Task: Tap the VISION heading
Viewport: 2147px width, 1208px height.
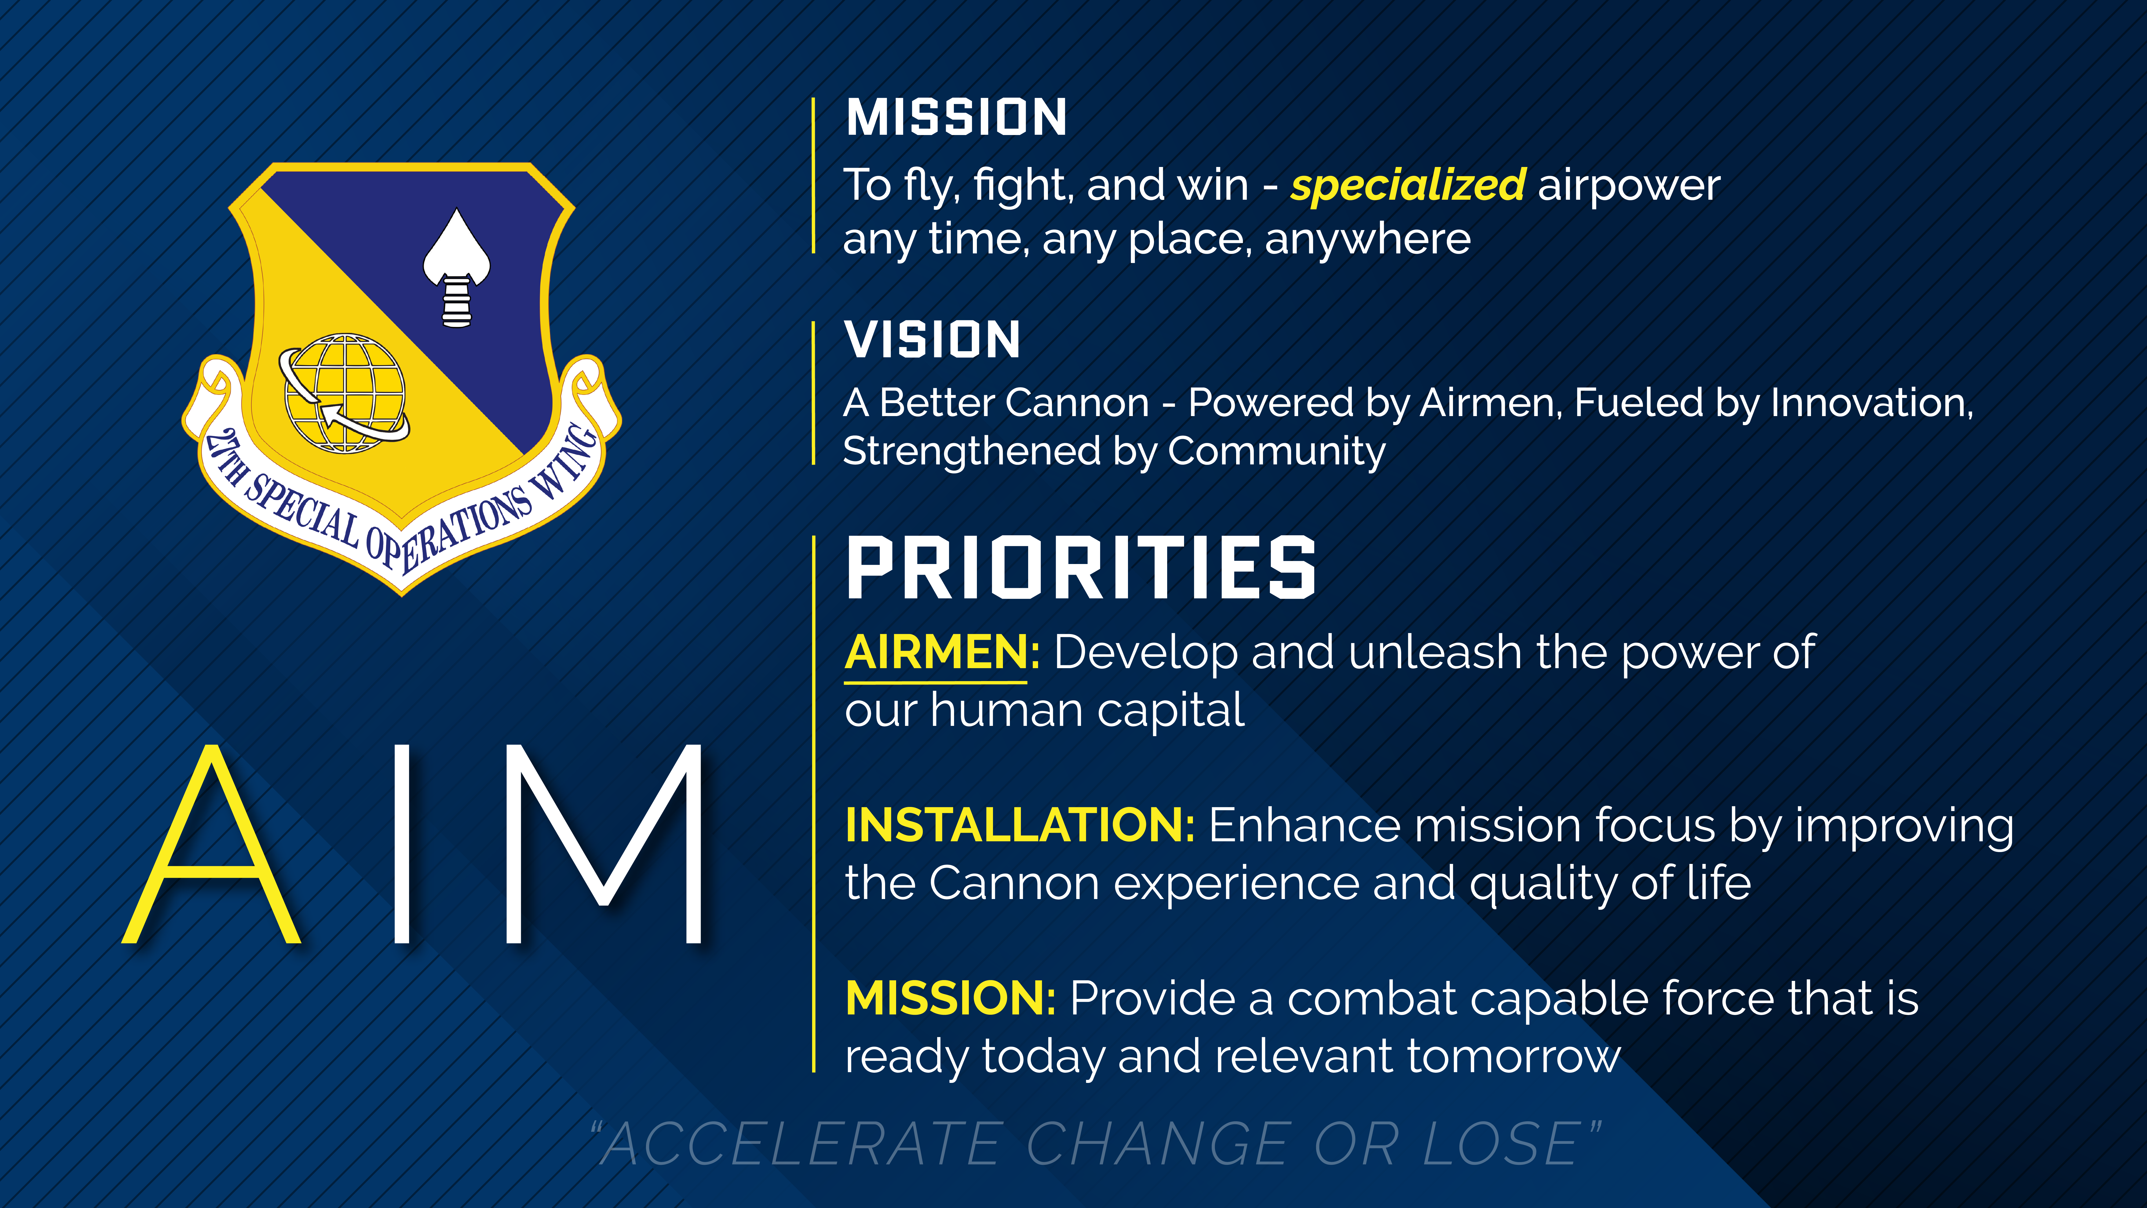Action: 933,340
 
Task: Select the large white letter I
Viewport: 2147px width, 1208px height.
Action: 402,844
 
